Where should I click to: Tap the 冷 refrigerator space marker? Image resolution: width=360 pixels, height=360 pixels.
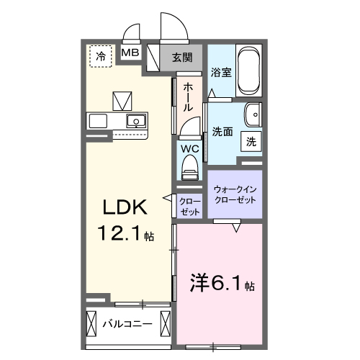(101, 55)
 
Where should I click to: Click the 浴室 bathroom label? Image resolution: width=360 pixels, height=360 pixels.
(220, 73)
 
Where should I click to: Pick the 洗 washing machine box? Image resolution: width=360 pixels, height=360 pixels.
(251, 142)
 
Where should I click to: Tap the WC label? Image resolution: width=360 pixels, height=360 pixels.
(189, 149)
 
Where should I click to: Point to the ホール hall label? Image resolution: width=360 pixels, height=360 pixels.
(187, 96)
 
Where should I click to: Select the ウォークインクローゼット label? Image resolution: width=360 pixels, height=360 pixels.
(235, 194)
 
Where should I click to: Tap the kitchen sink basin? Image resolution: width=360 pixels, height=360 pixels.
(135, 120)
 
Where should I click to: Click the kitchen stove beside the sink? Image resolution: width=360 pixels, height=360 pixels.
(98, 120)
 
